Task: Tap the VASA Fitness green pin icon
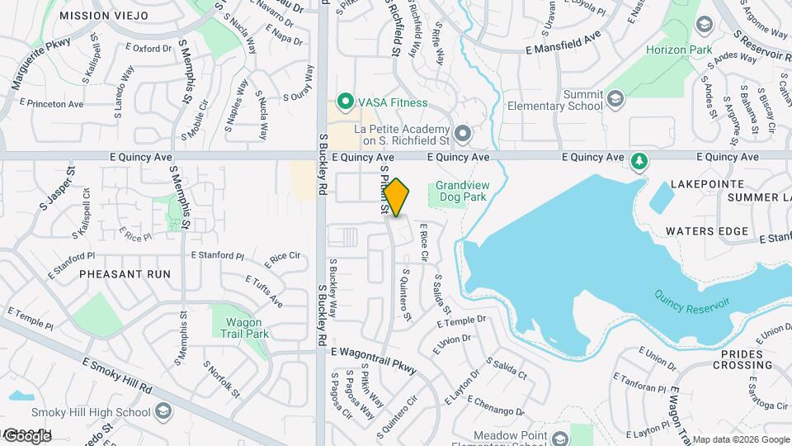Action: click(x=344, y=102)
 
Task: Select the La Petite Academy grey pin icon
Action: click(x=463, y=133)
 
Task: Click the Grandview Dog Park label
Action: click(x=463, y=192)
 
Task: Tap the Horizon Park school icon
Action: click(x=704, y=26)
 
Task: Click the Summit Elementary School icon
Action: click(x=614, y=100)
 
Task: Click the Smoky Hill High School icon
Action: click(x=163, y=412)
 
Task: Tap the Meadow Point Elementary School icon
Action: click(x=560, y=438)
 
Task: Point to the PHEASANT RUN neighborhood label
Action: click(x=125, y=273)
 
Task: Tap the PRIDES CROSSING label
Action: click(x=736, y=359)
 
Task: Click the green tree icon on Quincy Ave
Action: click(x=637, y=159)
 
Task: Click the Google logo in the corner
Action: click(x=26, y=435)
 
